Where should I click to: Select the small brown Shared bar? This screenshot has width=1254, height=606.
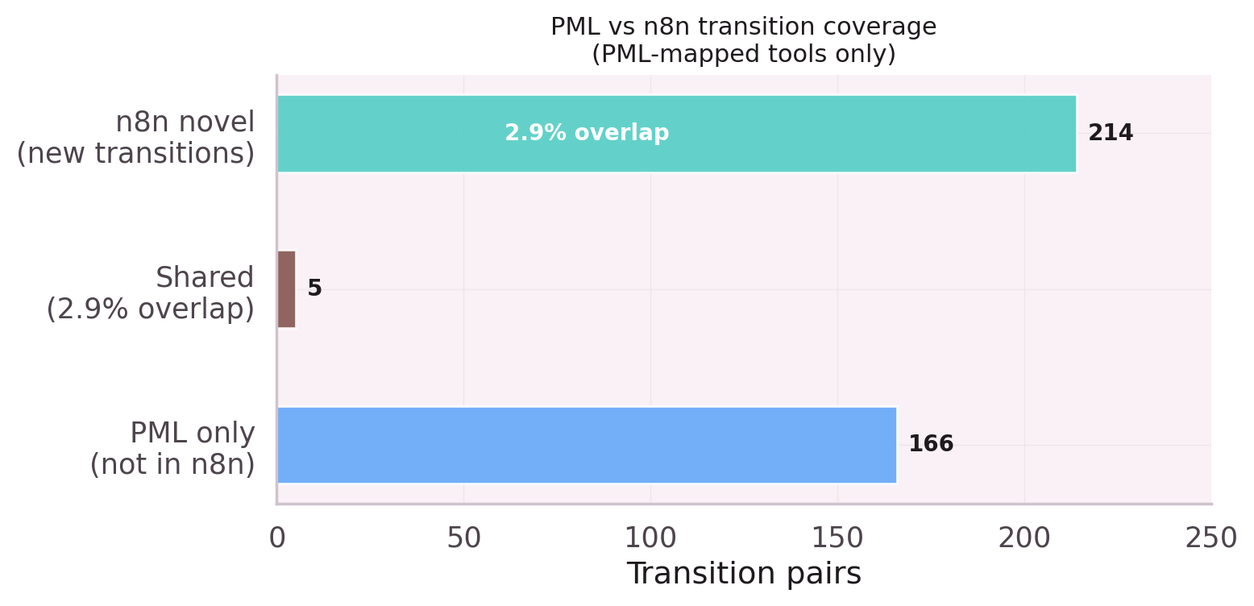286,289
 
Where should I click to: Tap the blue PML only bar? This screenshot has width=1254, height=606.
587,445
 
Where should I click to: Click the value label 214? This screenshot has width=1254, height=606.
1110,134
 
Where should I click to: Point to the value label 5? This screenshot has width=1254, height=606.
314,289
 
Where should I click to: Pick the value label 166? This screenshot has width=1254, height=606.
930,445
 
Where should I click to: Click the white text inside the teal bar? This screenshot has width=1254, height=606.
587,134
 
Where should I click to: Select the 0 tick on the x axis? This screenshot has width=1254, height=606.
277,538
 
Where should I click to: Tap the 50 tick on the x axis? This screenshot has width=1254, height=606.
464,538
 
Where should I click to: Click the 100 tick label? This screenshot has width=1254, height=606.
651,538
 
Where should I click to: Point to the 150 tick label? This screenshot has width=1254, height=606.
838,538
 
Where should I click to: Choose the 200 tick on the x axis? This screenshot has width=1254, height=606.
1025,538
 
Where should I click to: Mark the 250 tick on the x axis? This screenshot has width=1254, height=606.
1211,538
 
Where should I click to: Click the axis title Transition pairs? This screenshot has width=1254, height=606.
744,574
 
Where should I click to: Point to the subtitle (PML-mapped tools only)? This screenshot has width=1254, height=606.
744,55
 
